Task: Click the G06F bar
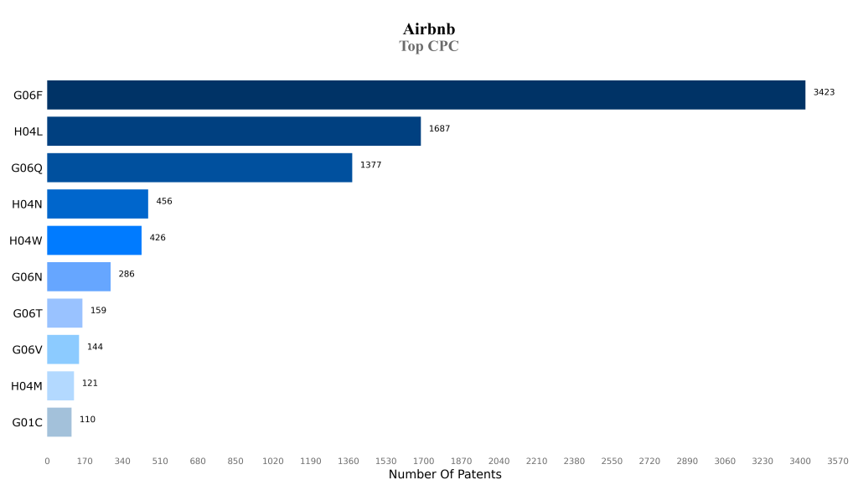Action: [x=426, y=95]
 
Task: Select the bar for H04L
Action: [x=234, y=131]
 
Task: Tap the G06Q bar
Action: [x=199, y=168]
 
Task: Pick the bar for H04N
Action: [x=97, y=204]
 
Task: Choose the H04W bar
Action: [x=94, y=240]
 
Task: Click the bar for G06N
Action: [x=79, y=276]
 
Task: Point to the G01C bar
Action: [x=59, y=422]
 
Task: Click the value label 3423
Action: [x=824, y=92]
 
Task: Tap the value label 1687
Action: [x=439, y=128]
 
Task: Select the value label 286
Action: [x=127, y=274]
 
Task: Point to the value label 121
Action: [x=90, y=383]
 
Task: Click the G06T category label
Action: [x=28, y=313]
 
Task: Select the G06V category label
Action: [x=28, y=349]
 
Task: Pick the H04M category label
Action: [x=27, y=386]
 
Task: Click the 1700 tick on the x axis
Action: [x=423, y=461]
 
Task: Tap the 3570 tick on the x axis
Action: [x=837, y=461]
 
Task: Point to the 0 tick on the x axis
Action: [x=47, y=461]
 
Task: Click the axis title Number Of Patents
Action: [x=445, y=475]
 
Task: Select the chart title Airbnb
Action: [x=429, y=29]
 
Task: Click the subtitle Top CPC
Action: [x=429, y=46]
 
